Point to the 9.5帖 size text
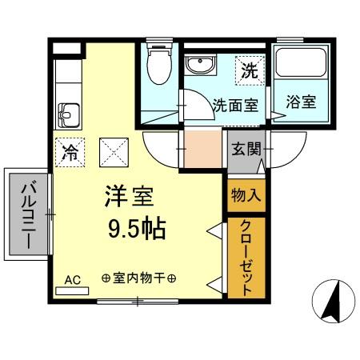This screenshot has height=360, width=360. tap(138, 230)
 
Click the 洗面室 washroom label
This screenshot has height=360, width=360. tap(235, 105)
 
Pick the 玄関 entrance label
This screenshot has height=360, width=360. tap(246, 148)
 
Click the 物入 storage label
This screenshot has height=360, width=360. tap(245, 194)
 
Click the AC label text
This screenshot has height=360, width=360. tap(73, 279)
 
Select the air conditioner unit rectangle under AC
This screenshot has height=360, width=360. tap(73, 290)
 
